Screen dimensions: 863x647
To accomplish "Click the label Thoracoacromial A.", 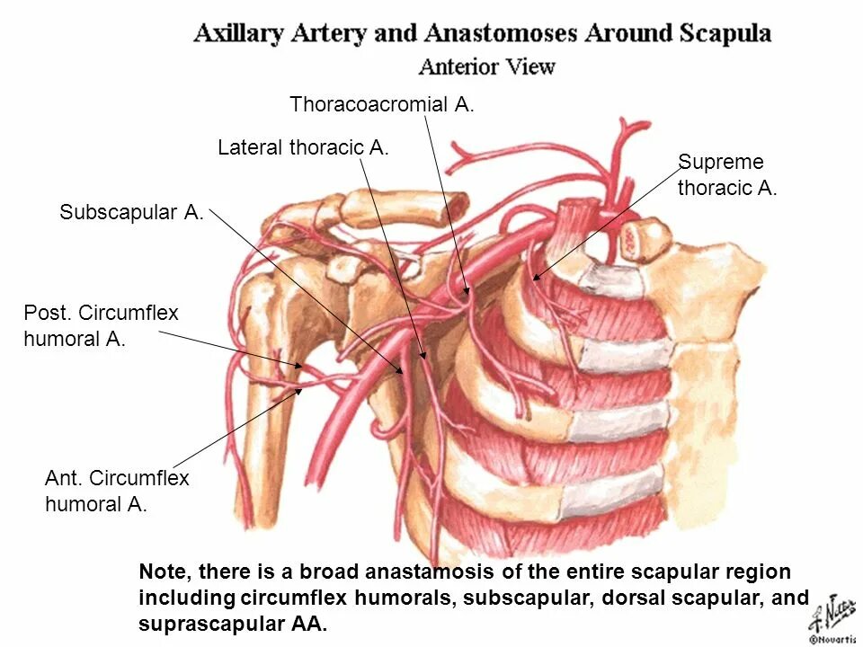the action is (381, 105).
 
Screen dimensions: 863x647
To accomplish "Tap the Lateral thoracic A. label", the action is (303, 147).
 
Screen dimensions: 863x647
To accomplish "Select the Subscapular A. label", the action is (131, 213).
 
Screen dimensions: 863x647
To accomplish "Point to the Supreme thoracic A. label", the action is (726, 175).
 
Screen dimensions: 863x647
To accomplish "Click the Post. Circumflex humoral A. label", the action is (101, 326).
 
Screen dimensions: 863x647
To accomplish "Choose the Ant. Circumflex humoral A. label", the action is (117, 491).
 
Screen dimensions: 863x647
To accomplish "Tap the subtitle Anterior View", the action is (486, 66).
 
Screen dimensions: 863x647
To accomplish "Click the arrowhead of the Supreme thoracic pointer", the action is (535, 279).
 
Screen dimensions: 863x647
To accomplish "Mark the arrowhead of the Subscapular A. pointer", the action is (402, 370).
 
